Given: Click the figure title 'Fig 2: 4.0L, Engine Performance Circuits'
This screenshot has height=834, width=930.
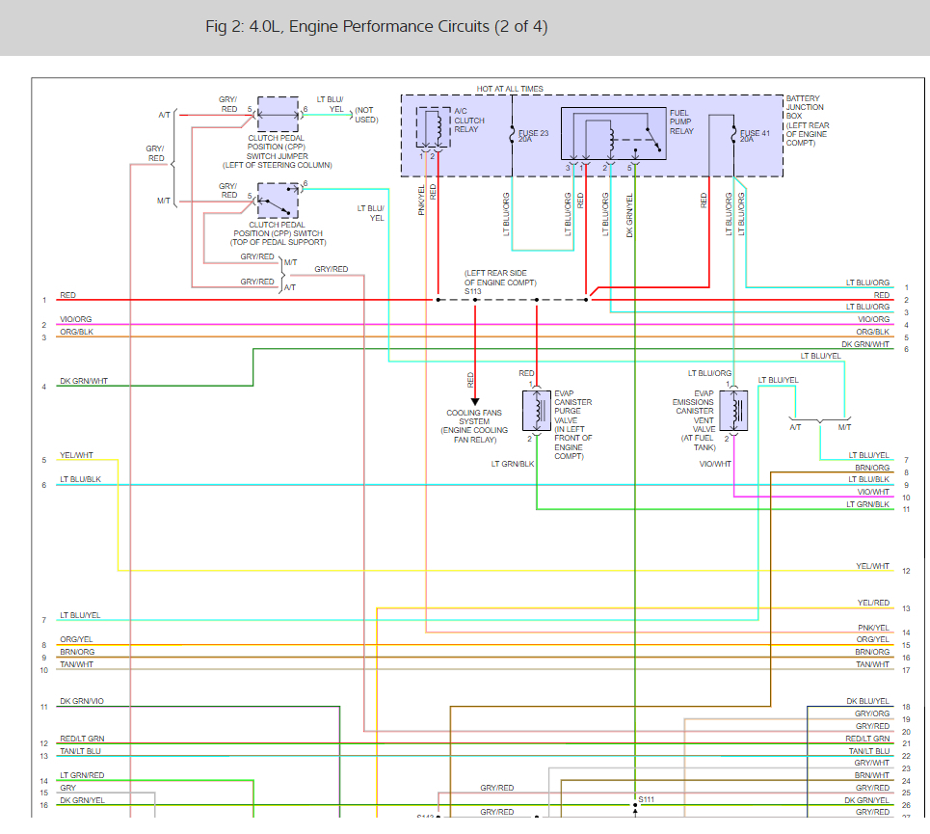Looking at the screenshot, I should [x=376, y=27].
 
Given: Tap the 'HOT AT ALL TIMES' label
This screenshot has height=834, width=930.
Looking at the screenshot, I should [x=510, y=89].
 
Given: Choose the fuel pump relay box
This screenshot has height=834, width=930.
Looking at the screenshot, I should [x=614, y=134].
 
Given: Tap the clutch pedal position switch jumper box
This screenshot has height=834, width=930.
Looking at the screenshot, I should [x=278, y=114].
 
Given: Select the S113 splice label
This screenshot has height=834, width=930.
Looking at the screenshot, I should [x=473, y=290].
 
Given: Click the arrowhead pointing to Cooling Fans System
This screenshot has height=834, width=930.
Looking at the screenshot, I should [x=475, y=401].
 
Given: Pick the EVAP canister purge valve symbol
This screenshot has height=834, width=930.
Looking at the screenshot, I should [x=536, y=411].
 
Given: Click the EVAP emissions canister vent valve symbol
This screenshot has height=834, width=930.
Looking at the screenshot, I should [x=734, y=411].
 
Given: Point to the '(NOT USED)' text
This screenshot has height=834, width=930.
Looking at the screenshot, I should [x=365, y=115].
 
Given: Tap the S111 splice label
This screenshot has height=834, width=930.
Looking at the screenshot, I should [x=646, y=799].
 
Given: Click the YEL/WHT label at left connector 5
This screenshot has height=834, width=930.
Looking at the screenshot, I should [x=77, y=455].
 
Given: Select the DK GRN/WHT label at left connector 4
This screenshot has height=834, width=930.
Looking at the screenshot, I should [x=84, y=381].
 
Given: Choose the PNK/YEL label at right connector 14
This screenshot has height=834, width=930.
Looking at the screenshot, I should [x=873, y=628].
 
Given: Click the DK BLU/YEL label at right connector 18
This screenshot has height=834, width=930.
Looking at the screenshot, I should [x=868, y=702].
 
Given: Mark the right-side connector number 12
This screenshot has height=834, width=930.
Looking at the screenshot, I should [x=906, y=572].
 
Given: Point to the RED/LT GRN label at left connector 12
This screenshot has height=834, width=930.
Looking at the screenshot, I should [x=82, y=739].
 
